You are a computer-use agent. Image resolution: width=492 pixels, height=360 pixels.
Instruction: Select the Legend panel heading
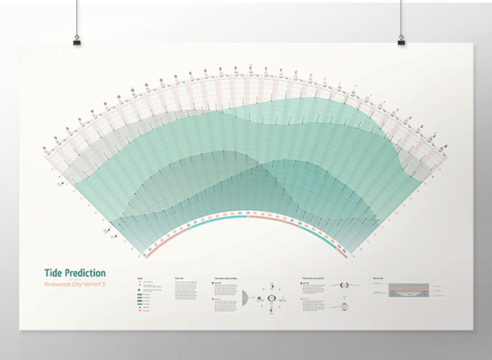click(x=140, y=278)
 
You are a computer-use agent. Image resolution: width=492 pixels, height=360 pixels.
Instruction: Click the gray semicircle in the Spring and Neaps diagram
click(x=244, y=297)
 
